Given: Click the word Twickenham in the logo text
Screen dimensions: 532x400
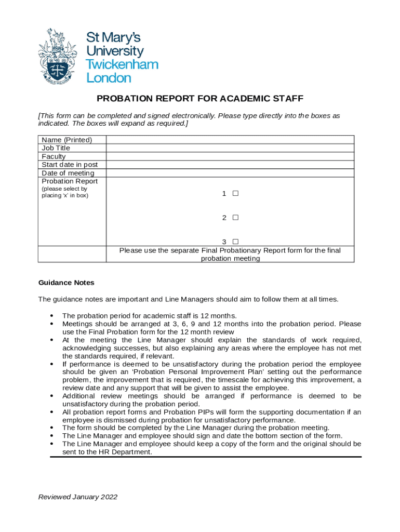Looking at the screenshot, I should coord(122,65).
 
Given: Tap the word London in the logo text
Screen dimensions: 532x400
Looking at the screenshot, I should coord(109,78).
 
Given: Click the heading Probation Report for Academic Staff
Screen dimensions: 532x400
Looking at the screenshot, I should coord(200,99).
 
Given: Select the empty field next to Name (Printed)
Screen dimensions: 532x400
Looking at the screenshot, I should coord(230,140).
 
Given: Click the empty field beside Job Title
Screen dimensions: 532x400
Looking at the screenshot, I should coord(230,148).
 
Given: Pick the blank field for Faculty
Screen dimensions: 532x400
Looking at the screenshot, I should coord(230,156).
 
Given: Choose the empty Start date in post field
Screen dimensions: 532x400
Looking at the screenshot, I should coord(230,165).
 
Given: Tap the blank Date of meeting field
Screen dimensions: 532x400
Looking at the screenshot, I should coord(230,173).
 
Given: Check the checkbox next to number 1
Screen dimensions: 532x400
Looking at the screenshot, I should coord(235,193).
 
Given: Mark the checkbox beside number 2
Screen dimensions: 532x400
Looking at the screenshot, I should coord(235,218).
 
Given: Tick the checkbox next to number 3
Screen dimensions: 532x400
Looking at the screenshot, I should coord(235,242).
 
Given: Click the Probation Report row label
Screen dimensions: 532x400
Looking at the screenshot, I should coord(70,181).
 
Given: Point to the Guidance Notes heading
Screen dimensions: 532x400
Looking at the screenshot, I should coord(66,283).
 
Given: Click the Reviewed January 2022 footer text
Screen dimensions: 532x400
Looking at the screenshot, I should coord(78,497).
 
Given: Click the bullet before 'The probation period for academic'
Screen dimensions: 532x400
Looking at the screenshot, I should coord(51,316).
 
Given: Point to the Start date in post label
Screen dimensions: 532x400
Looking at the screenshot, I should coord(70,165).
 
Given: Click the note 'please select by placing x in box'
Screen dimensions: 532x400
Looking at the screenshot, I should coord(65,192).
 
